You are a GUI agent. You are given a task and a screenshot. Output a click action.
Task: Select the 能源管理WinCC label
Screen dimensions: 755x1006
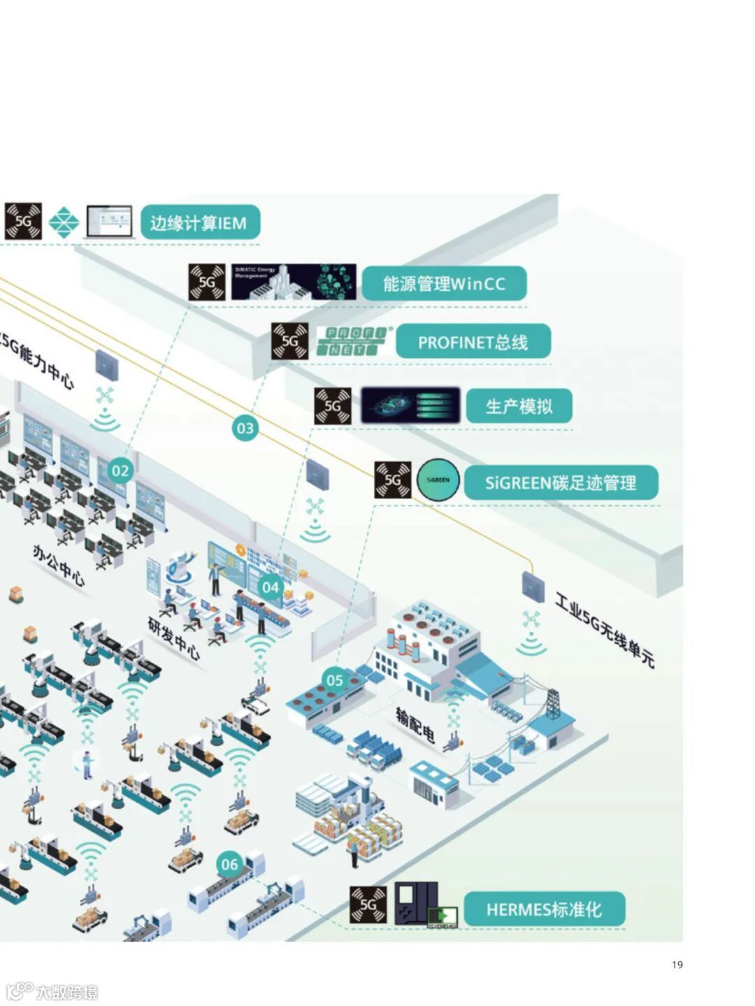[x=444, y=284]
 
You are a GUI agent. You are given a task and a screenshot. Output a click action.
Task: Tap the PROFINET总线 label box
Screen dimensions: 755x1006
[x=473, y=342]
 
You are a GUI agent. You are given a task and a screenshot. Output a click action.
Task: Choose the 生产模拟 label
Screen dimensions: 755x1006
[x=519, y=406]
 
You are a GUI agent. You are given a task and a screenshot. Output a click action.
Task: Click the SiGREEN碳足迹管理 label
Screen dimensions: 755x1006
[x=561, y=482]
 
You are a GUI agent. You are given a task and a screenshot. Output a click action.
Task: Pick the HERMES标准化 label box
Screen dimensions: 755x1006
[x=544, y=910]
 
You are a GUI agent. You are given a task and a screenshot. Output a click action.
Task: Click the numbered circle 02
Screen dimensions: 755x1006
[x=120, y=470]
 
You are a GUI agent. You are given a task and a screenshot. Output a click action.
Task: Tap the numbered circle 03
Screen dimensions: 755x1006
[x=245, y=428]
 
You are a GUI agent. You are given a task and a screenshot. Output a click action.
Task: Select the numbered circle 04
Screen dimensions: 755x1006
[x=270, y=587]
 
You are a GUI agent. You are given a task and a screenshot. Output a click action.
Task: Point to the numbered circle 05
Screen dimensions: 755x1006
[x=335, y=680]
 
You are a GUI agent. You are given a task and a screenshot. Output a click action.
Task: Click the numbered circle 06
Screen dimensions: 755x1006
[x=230, y=865]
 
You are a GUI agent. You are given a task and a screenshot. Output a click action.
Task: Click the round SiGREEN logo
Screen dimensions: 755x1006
[x=438, y=480]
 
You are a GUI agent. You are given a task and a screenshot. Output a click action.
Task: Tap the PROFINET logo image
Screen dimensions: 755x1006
[x=354, y=342]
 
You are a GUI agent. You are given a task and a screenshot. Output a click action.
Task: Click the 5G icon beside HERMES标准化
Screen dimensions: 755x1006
[x=368, y=905]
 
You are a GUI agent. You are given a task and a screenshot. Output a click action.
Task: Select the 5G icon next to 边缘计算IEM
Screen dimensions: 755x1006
[x=23, y=222]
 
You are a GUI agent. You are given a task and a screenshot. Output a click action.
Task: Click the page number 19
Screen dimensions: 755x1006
[x=677, y=965]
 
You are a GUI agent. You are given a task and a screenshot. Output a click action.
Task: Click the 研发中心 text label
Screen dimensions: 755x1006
[x=174, y=638]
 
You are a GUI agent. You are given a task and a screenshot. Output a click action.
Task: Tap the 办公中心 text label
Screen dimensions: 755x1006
[x=59, y=565]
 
